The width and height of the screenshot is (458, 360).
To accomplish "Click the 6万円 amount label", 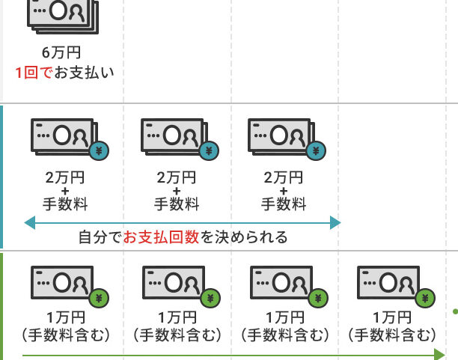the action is [61, 52].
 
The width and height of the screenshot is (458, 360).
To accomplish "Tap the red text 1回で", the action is [34, 73].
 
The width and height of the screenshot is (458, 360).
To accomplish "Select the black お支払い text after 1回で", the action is [84, 73].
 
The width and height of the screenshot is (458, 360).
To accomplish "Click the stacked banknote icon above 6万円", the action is [63, 17].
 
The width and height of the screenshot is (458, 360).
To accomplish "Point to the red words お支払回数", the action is [161, 237].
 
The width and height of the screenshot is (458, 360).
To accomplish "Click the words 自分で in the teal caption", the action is [100, 237].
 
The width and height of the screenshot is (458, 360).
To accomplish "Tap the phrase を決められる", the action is [244, 237].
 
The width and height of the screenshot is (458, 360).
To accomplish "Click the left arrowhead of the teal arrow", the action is [30, 223].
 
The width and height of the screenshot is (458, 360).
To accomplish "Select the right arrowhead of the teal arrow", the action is [335, 223].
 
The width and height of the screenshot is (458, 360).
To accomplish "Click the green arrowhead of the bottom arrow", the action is [439, 355].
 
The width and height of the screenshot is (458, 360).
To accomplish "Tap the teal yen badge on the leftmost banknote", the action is [99, 150].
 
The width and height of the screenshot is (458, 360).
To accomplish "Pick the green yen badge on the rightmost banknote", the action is [425, 299].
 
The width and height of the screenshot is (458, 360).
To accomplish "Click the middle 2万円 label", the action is [176, 177].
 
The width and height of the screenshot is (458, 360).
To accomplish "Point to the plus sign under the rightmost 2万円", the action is [284, 191].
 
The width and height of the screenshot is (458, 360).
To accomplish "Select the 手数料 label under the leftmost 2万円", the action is [65, 204].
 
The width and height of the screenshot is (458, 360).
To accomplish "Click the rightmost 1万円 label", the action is [392, 317].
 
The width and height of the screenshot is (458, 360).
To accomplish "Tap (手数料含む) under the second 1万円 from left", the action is [177, 335].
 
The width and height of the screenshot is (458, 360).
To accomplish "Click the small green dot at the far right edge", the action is [455, 312].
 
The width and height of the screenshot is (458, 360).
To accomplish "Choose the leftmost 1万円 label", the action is [66, 317].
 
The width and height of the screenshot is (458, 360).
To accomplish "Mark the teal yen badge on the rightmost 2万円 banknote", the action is [316, 150].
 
